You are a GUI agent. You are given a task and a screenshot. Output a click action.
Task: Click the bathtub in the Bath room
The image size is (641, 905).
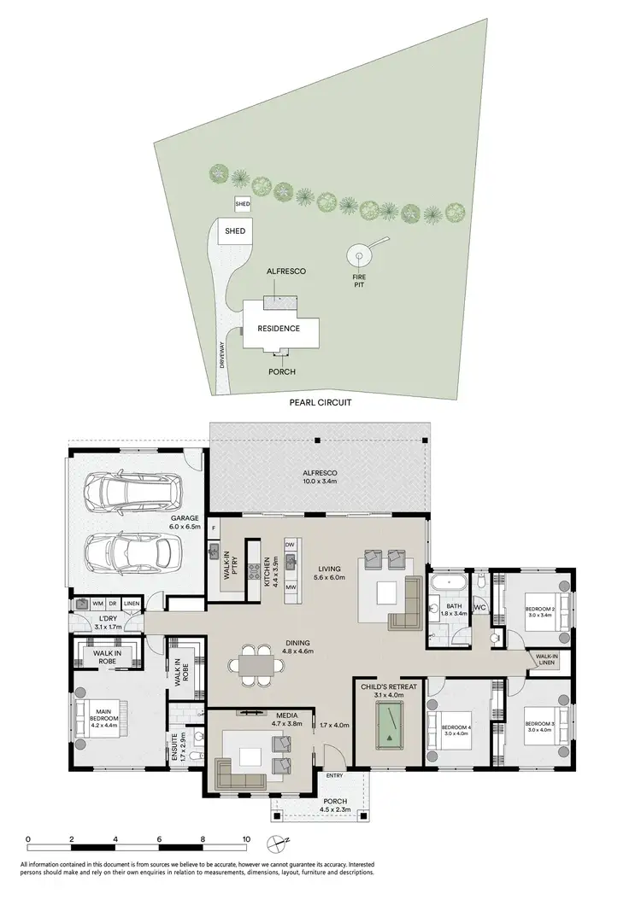coord(447,585)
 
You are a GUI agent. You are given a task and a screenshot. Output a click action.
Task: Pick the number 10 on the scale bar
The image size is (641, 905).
coord(246,839)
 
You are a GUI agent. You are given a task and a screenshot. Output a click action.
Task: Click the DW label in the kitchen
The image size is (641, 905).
coord(290,544)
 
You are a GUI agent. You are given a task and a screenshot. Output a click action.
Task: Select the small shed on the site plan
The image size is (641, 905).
coord(243,205)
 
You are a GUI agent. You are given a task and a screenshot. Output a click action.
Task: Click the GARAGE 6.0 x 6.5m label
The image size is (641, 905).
coord(184,523)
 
